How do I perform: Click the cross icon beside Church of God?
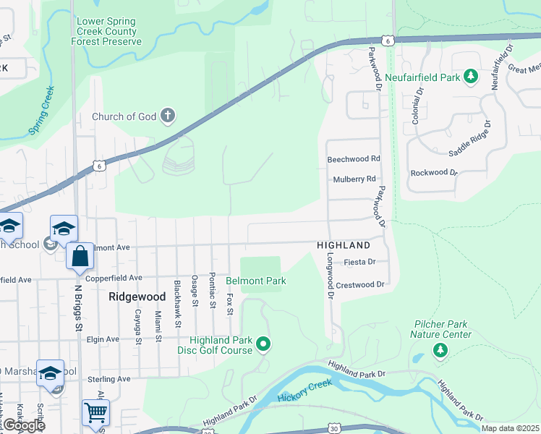click(168, 116)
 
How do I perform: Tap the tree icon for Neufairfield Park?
click(471, 76)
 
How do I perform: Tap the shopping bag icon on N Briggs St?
click(80, 256)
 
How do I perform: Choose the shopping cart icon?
click(95, 412)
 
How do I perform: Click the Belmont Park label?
click(256, 281)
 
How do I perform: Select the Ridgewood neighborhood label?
click(137, 297)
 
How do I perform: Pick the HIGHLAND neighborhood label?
click(338, 246)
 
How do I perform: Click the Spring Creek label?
click(41, 111)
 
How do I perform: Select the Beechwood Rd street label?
click(354, 158)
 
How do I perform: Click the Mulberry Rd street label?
click(354, 179)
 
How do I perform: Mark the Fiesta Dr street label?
click(360, 262)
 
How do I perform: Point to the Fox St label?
click(229, 303)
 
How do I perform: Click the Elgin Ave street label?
click(103, 339)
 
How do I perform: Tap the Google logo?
click(24, 425)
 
